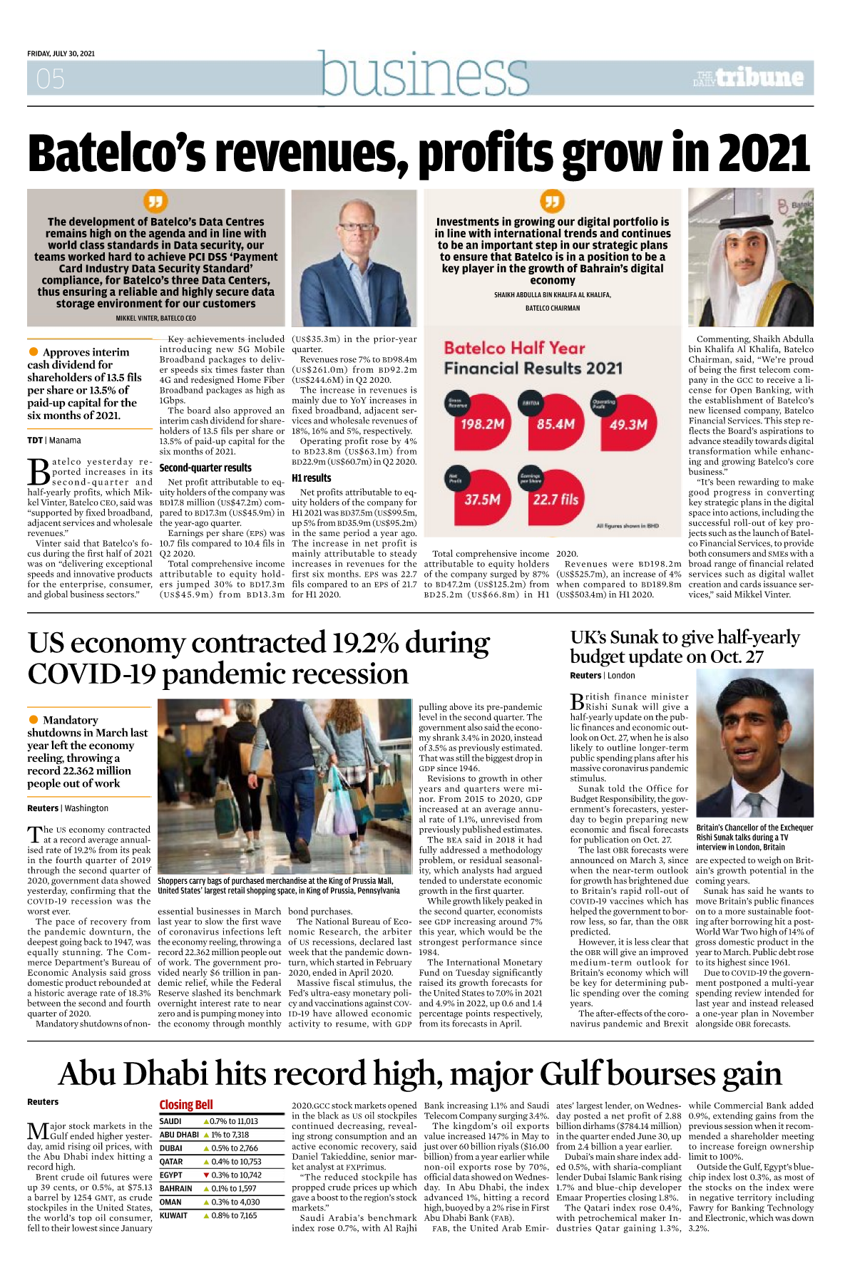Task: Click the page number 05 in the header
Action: click(51, 78)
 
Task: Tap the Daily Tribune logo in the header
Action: click(748, 78)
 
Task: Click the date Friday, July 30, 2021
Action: click(61, 53)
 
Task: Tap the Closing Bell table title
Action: click(186, 1105)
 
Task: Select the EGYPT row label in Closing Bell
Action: click(171, 1175)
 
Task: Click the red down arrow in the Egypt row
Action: click(206, 1175)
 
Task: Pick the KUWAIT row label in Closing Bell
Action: click(173, 1216)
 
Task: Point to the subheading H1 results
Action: click(312, 478)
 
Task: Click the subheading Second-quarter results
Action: click(205, 468)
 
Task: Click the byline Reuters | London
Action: click(602, 676)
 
